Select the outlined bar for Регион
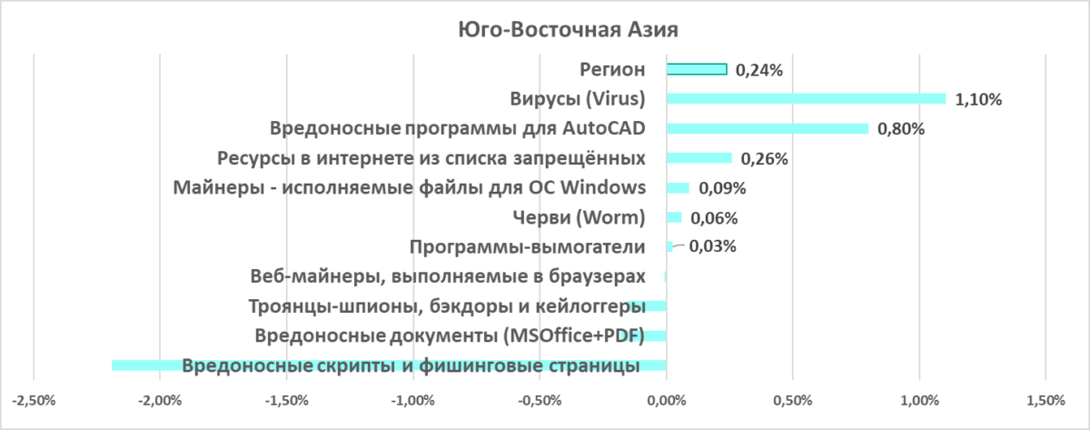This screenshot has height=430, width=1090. pyautogui.click(x=697, y=69)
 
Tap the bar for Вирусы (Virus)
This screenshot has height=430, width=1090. pyautogui.click(x=806, y=98)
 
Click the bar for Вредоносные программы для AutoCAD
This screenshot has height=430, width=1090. pyautogui.click(x=768, y=128)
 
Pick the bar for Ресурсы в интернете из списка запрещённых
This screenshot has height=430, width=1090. pyautogui.click(x=699, y=158)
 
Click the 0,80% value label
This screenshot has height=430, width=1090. pyautogui.click(x=901, y=129)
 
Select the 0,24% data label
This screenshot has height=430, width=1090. pyautogui.click(x=758, y=69)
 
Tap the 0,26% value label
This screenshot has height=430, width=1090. pyautogui.click(x=764, y=159)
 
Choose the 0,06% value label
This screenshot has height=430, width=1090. pyautogui.click(x=714, y=218)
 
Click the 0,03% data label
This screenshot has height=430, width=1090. pyautogui.click(x=712, y=246)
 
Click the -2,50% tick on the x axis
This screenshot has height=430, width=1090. pyautogui.click(x=33, y=400)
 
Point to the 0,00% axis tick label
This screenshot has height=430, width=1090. pyautogui.click(x=667, y=400)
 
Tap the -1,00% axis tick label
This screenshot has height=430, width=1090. pyautogui.click(x=412, y=400)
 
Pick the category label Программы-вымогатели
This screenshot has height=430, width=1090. pyautogui.click(x=527, y=246)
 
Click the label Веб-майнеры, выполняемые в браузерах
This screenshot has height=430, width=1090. pyautogui.click(x=447, y=276)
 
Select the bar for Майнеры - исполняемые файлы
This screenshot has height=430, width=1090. pyautogui.click(x=678, y=188)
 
